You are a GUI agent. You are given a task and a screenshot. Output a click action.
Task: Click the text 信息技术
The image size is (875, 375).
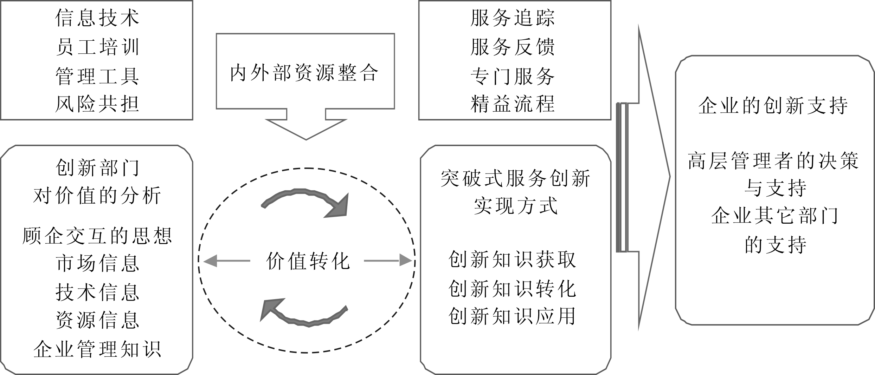pos(97,18)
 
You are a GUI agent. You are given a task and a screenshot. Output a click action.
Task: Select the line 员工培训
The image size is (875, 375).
pos(97,47)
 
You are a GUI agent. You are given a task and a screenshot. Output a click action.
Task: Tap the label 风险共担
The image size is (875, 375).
pos(97,104)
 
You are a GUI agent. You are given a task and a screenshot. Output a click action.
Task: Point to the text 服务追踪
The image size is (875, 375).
pos(513,18)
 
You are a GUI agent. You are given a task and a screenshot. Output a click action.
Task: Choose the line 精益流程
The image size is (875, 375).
pos(513,104)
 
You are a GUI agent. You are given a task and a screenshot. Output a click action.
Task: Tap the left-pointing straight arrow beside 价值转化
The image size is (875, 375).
pos(226,261)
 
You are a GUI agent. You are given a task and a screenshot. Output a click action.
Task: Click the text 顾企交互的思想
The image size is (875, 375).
pos(97,236)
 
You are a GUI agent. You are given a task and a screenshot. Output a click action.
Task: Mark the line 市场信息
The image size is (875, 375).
pos(97,264)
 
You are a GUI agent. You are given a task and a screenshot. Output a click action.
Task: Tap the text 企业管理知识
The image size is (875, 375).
pos(97,349)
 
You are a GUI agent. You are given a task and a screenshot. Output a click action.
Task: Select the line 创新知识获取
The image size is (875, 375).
pos(512,260)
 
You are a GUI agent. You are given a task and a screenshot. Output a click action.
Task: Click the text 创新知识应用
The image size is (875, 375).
pos(512,316)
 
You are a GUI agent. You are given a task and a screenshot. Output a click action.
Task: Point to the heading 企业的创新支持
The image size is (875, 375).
pos(773,106)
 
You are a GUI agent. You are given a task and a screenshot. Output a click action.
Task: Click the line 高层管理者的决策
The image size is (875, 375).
pos(773,161)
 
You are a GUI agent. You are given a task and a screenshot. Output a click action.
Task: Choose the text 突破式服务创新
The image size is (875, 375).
pos(515,179)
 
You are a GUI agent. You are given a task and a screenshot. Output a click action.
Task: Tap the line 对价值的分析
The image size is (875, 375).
pos(97,196)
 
